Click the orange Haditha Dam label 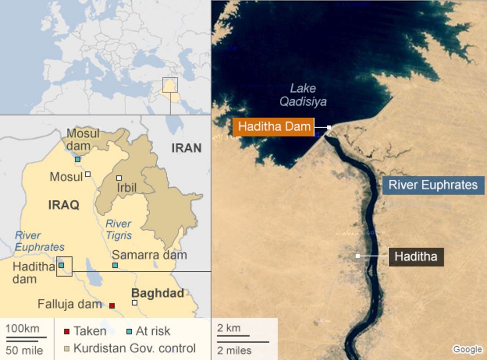coord(274,127)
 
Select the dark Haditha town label coord(416,256)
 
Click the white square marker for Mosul coord(88,174)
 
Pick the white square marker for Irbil coord(119,178)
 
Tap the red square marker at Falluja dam coord(112,305)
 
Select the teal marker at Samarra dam coord(115,265)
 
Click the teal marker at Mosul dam coord(78,159)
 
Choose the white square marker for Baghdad coord(134,303)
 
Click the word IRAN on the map coord(186,148)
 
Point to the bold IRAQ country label coord(63,205)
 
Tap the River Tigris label coord(119,229)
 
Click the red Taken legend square coord(66,332)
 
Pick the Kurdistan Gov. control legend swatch coord(66,348)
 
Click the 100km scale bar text coord(22,329)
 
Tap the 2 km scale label coord(230,328)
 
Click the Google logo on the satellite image coord(467,350)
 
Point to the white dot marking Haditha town coord(358,256)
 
